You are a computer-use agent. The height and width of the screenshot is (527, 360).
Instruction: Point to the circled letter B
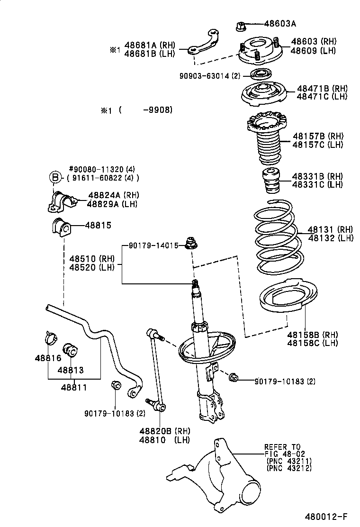click(55, 178)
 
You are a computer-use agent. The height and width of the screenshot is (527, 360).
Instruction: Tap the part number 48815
click(99, 225)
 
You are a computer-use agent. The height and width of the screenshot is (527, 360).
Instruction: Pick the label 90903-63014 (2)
click(210, 75)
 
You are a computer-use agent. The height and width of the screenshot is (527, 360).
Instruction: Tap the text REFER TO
click(282, 447)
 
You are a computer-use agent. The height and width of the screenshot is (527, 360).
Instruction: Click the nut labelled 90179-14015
click(192, 244)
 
